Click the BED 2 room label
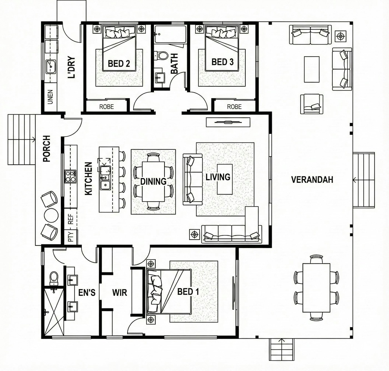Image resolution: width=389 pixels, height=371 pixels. coord(119,63)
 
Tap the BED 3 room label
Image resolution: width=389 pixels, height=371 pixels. coord(222,62)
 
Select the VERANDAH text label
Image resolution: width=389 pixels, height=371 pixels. coord(312,180)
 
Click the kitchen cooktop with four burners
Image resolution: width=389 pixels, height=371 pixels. coord(70,176)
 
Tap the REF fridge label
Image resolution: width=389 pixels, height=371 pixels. coord(71,219)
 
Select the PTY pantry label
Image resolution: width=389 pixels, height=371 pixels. coord(71,236)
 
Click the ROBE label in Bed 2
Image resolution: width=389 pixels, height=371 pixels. coord(106,107)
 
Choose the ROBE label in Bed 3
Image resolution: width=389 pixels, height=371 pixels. coord(234,107)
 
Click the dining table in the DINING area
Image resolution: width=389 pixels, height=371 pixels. coord(153,181)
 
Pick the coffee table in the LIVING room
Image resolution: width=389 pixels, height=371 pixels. coord(225,179)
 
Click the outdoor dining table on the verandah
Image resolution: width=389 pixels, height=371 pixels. coord(316,287)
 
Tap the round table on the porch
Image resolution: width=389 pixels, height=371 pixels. coord(51,215)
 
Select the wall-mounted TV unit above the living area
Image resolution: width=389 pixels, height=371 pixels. coord(228,122)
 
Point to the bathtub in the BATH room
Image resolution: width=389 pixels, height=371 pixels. coord(170,34)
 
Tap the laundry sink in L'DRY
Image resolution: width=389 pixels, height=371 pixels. coord(51,67)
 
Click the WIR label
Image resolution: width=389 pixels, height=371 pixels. coord(119,292)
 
